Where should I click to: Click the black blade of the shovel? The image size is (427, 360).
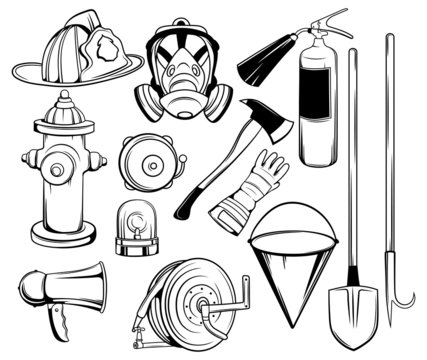pos(356,318)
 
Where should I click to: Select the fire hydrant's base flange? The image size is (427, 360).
pos(64,237)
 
